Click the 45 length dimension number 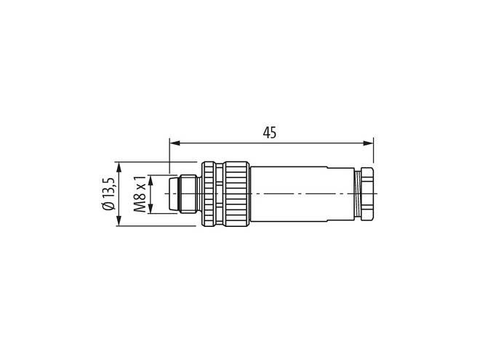(x=269, y=132)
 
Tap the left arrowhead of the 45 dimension (x=175, y=143)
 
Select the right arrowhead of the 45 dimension (x=368, y=143)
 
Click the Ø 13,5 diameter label (x=109, y=193)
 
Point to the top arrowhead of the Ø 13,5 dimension (x=119, y=167)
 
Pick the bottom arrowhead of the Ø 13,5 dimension (x=119, y=220)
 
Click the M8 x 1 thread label (x=140, y=194)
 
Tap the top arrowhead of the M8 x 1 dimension (x=151, y=180)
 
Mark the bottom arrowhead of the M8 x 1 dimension (x=151, y=208)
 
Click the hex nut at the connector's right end (x=367, y=193)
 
